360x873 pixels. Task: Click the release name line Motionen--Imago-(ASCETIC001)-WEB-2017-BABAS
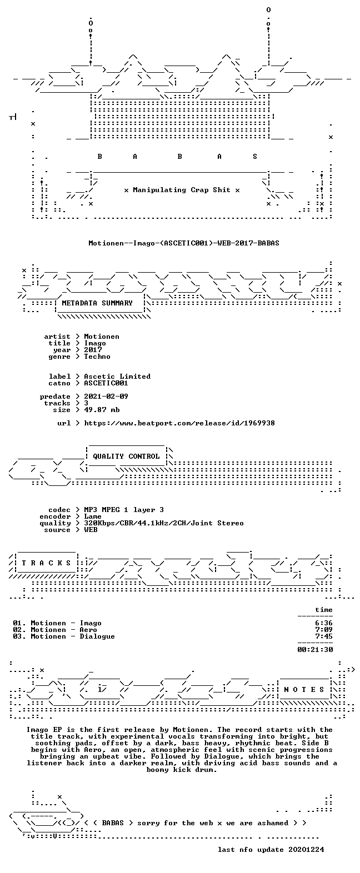click(184, 243)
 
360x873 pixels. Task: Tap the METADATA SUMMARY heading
click(97, 303)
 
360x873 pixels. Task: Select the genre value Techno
click(97, 357)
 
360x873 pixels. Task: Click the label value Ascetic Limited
click(117, 377)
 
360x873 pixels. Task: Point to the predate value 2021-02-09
click(106, 397)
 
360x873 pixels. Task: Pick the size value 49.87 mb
click(102, 410)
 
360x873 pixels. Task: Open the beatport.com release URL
click(179, 423)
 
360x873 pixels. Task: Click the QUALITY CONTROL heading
click(126, 456)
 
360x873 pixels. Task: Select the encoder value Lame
click(93, 517)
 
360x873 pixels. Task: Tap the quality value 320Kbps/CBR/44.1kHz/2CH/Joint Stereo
click(164, 523)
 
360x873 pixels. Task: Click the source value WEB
click(91, 530)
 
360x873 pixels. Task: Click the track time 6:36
click(324, 623)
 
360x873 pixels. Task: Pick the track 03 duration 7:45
click(324, 636)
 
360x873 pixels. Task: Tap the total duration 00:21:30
click(315, 650)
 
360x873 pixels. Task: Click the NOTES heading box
click(304, 690)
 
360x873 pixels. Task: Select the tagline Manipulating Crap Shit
click(182, 190)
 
